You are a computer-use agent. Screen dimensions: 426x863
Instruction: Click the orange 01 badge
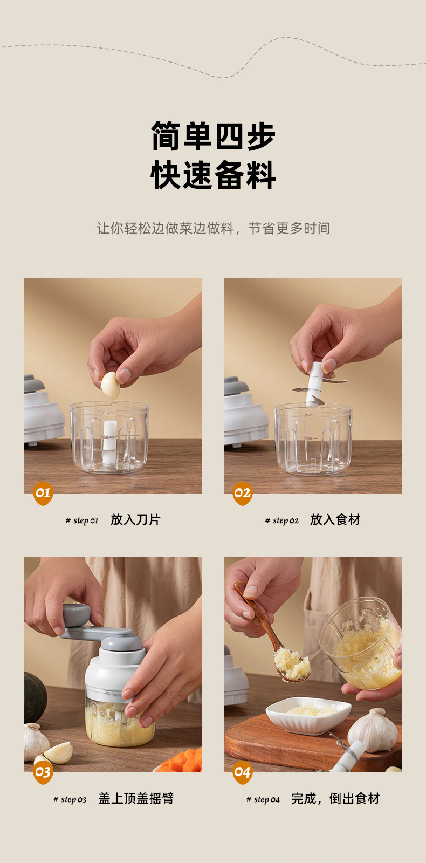tap(43, 493)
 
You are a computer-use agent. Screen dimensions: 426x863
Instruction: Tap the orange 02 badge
tap(242, 493)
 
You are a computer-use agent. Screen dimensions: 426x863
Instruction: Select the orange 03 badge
tap(43, 772)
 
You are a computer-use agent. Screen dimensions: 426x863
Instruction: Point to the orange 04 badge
tap(242, 772)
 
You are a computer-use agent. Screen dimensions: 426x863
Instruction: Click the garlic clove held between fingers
tap(111, 385)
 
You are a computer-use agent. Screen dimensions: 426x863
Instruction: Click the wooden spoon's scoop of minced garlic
tap(292, 664)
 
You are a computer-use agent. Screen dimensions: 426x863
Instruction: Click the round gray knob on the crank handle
tap(76, 614)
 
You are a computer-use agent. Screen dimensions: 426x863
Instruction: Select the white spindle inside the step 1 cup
tap(109, 443)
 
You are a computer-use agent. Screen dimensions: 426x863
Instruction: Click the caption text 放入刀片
tap(135, 520)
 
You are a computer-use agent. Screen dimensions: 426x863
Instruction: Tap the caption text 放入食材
tap(335, 520)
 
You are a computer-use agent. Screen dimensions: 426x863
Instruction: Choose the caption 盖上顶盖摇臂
tap(136, 799)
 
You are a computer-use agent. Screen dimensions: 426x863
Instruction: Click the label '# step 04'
tap(263, 799)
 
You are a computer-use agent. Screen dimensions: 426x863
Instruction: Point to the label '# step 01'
tap(81, 520)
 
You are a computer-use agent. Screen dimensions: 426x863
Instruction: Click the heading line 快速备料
tap(213, 175)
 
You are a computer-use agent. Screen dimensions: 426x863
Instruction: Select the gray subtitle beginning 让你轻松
tap(213, 228)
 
